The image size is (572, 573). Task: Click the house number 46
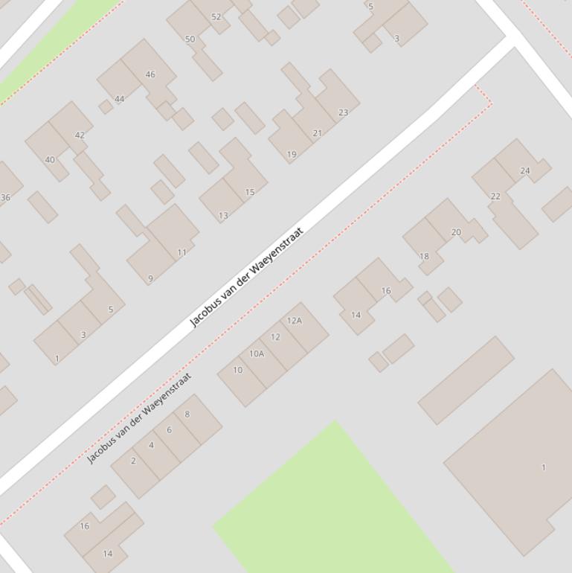pyautogui.click(x=150, y=74)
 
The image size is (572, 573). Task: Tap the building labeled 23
pyautogui.click(x=343, y=112)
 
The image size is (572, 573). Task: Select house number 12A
pyautogui.click(x=295, y=321)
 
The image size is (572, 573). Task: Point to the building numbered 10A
pyautogui.click(x=257, y=353)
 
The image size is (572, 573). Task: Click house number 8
pyautogui.click(x=187, y=414)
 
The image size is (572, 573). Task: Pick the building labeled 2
pyautogui.click(x=133, y=461)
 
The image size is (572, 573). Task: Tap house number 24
pyautogui.click(x=525, y=170)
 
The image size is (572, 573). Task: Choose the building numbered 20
pyautogui.click(x=456, y=232)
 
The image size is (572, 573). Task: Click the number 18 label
pyautogui.click(x=424, y=256)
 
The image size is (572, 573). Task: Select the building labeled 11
pyautogui.click(x=181, y=252)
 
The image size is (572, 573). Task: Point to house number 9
pyautogui.click(x=150, y=279)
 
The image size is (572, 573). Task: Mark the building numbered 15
pyautogui.click(x=250, y=192)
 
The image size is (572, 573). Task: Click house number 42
pyautogui.click(x=80, y=135)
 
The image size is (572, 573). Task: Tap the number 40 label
pyautogui.click(x=50, y=159)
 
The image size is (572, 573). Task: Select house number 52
pyautogui.click(x=216, y=16)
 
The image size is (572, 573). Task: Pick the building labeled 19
pyautogui.click(x=292, y=155)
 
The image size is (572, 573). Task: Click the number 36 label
pyautogui.click(x=5, y=197)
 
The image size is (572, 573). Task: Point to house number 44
pyautogui.click(x=119, y=98)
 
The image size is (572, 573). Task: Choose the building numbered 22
pyautogui.click(x=495, y=196)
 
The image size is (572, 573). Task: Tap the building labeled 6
pyautogui.click(x=169, y=429)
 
